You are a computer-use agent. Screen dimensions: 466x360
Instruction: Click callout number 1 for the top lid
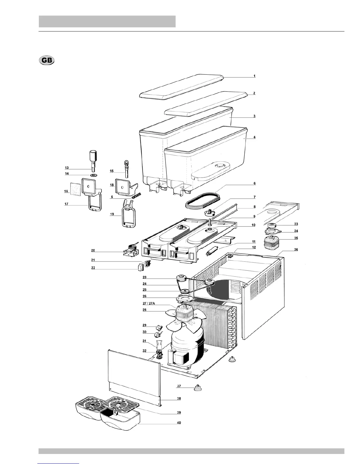[x=254, y=76]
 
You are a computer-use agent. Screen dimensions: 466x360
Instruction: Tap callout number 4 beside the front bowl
[x=254, y=137]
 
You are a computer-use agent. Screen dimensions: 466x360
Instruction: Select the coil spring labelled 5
[x=136, y=195]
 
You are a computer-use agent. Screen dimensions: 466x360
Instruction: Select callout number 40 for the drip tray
[x=179, y=423]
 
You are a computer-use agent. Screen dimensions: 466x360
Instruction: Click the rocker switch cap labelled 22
[x=140, y=267]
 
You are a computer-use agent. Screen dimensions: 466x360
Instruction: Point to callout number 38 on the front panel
[x=179, y=399]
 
